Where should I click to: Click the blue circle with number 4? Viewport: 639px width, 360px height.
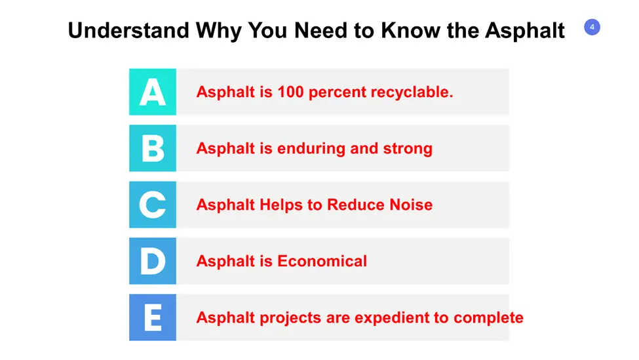pyautogui.click(x=592, y=28)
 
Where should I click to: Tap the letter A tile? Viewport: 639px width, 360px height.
pyautogui.click(x=153, y=92)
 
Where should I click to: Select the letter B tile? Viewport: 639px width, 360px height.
pyautogui.click(x=153, y=148)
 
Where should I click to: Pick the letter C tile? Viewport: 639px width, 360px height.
pyautogui.click(x=153, y=204)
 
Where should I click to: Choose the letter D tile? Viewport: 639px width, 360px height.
pyautogui.click(x=153, y=261)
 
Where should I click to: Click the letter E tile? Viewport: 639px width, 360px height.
pyautogui.click(x=153, y=317)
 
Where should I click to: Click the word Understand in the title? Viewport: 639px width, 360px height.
pyautogui.click(x=128, y=30)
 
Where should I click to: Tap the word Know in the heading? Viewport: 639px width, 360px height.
pyautogui.click(x=411, y=30)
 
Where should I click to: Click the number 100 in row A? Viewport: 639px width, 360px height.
pyautogui.click(x=290, y=92)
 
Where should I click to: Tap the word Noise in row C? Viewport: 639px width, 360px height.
pyautogui.click(x=411, y=205)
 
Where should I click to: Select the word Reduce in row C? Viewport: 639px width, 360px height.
pyautogui.click(x=355, y=205)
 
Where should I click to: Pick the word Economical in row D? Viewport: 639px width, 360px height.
pyautogui.click(x=322, y=261)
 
